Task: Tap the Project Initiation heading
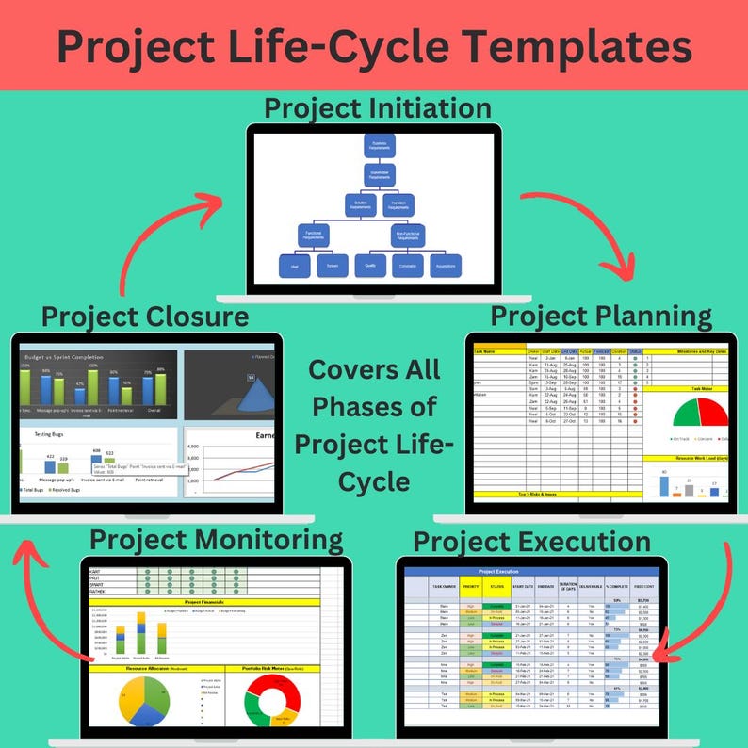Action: pyautogui.click(x=377, y=107)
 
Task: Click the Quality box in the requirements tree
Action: pyautogui.click(x=369, y=267)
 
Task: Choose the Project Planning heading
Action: pyautogui.click(x=601, y=315)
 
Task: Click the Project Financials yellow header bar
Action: pyautogui.click(x=203, y=601)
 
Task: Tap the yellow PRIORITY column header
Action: pyautogui.click(x=473, y=587)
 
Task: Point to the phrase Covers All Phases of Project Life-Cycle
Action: pyautogui.click(x=374, y=424)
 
